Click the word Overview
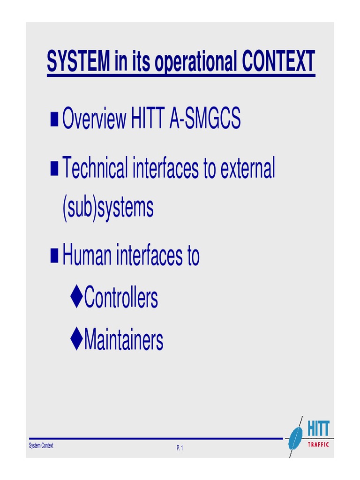coord(94,120)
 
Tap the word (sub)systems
coord(108,208)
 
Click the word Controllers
coord(121,298)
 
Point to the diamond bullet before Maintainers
coord(77,339)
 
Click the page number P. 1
coord(180,449)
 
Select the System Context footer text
coord(41,446)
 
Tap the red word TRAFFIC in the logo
coord(318,444)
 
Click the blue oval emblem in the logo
coord(295,437)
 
